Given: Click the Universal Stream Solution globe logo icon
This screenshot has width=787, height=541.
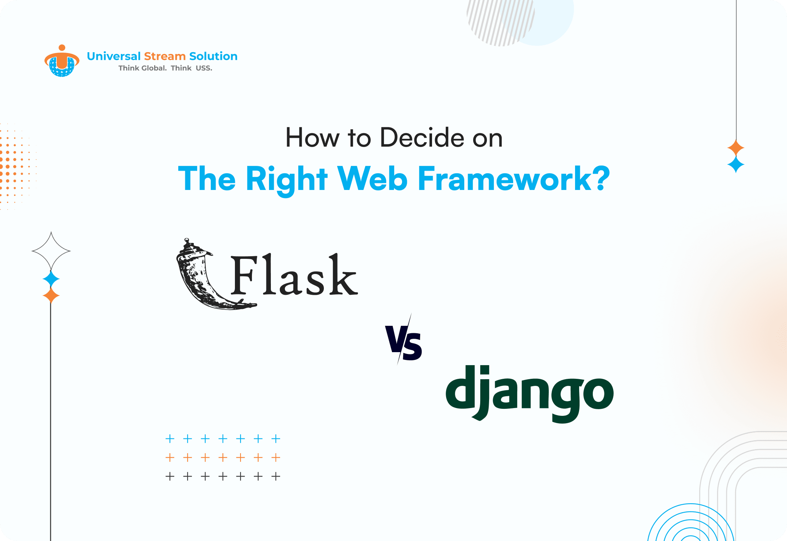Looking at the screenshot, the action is click(x=62, y=61).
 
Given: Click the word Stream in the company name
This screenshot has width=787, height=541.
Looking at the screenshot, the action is click(x=165, y=56).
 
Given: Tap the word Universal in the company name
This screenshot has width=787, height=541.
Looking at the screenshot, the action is click(x=114, y=56).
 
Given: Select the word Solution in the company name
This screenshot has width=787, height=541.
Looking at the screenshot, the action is click(x=213, y=56).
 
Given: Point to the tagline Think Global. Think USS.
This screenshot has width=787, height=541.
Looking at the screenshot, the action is click(x=165, y=68).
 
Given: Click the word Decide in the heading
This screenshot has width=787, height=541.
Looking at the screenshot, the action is click(x=422, y=138).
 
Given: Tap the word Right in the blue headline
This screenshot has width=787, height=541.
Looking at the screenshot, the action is click(x=286, y=180).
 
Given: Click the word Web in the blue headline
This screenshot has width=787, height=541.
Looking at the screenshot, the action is click(x=372, y=179).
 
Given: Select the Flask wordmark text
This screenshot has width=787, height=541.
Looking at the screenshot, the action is click(x=294, y=275).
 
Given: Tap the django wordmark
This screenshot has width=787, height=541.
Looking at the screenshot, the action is click(x=529, y=393).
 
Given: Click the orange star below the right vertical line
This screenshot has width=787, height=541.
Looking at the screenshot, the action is click(x=736, y=148).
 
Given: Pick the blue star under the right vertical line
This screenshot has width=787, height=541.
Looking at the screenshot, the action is click(x=736, y=164).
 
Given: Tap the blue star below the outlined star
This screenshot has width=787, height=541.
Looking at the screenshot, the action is click(x=51, y=279).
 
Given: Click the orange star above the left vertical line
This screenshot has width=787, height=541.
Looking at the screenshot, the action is click(x=51, y=296).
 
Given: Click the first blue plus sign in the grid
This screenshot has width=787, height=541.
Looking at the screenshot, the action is click(x=170, y=439).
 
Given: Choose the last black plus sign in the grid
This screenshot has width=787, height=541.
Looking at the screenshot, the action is click(x=276, y=476).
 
